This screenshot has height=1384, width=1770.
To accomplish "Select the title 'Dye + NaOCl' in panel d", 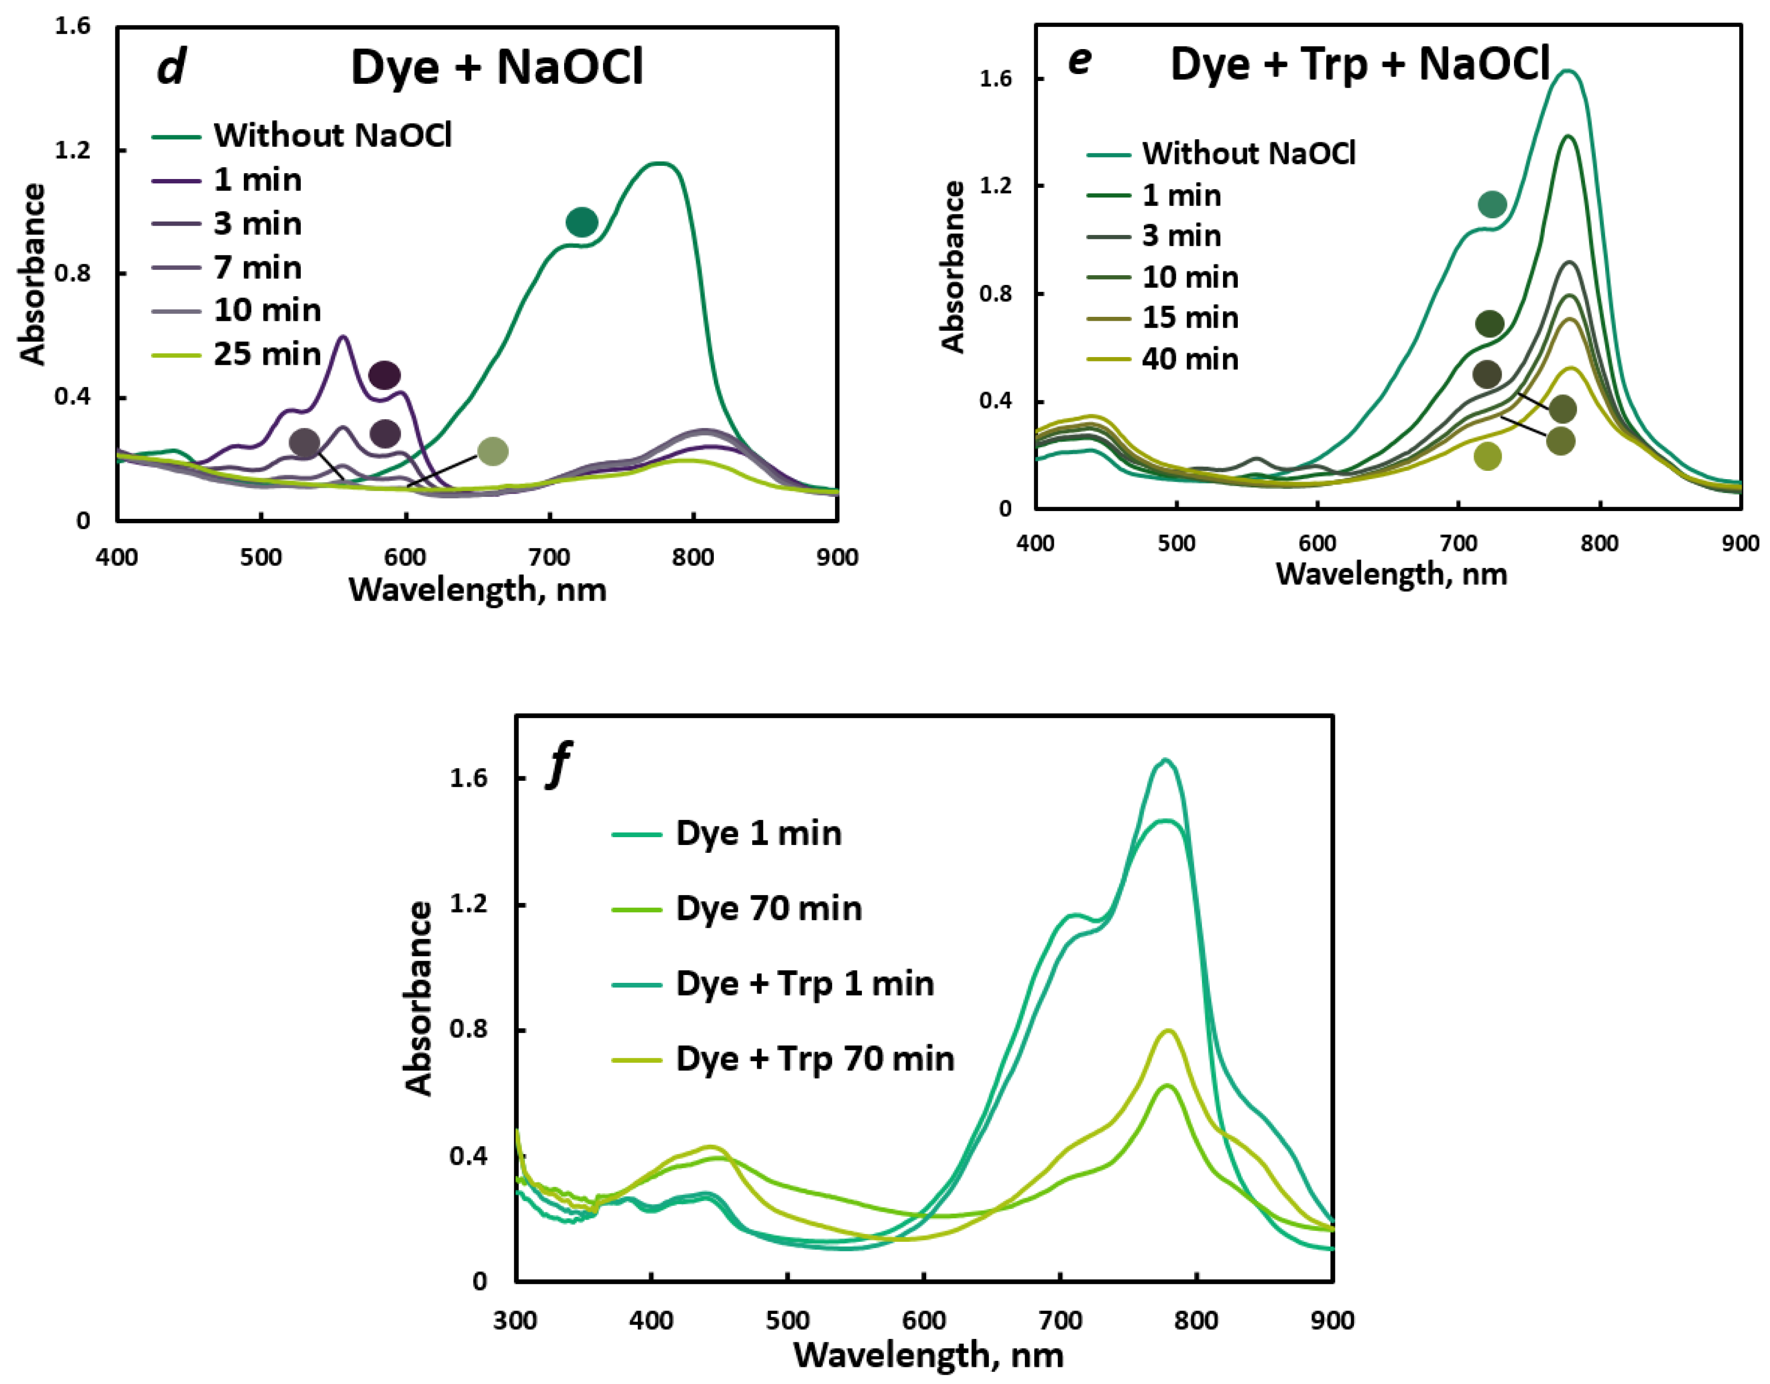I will (497, 66).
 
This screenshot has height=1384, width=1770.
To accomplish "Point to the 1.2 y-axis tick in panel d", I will (73, 151).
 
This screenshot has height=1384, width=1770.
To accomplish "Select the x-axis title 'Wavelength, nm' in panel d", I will (477, 589).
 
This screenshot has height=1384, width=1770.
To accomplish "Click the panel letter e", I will (1079, 59).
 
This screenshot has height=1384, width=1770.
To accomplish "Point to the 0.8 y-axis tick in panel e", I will (996, 293).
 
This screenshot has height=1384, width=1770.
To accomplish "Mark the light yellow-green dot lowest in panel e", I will (1487, 456).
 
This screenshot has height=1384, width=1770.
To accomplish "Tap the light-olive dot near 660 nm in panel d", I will (493, 451).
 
